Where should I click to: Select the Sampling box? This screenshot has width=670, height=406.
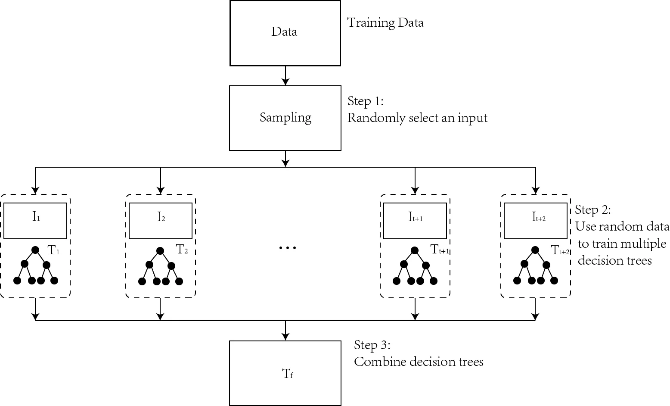click(285, 118)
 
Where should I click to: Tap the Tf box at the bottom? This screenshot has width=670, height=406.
click(285, 373)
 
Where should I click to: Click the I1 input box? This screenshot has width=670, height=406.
click(35, 221)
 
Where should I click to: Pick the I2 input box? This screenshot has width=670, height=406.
click(161, 221)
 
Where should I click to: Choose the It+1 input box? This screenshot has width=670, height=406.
click(415, 221)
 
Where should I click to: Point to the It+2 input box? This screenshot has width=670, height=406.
click(536, 221)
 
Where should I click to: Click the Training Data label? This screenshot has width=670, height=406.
click(385, 22)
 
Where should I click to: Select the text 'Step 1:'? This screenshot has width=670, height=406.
click(365, 102)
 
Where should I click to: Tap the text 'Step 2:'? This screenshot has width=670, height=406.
click(592, 210)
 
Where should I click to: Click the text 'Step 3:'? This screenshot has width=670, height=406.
click(372, 345)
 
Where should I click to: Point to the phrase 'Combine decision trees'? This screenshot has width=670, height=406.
click(419, 362)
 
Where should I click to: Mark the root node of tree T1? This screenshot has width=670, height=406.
click(35, 250)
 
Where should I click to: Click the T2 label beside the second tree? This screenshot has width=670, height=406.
click(182, 250)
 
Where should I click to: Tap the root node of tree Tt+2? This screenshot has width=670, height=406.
click(535, 250)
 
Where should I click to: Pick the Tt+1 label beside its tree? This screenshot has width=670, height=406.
click(440, 250)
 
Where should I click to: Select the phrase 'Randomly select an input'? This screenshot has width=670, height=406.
click(417, 118)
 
